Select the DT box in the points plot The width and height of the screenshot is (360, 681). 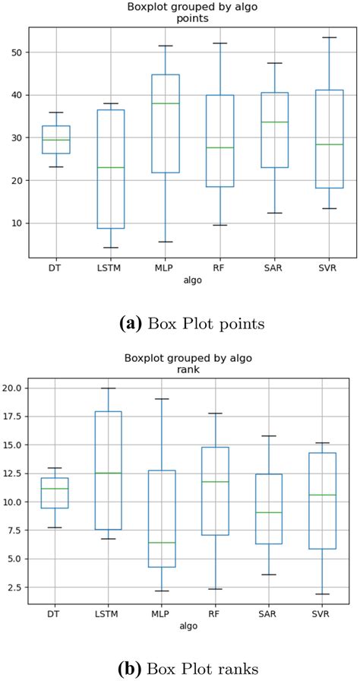[x=56, y=140]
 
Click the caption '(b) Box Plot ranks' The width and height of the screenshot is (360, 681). [x=179, y=668]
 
